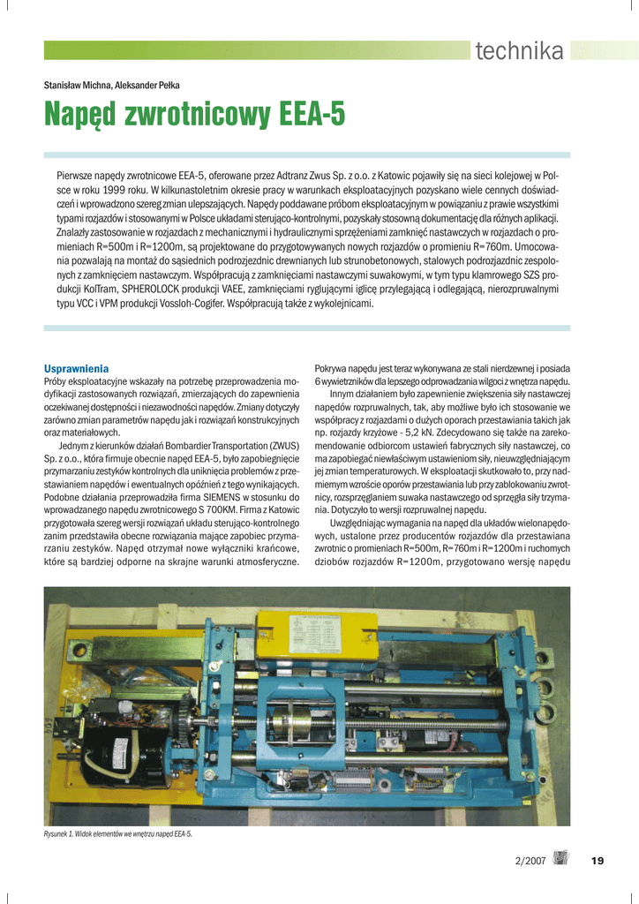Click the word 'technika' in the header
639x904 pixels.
pos(519,51)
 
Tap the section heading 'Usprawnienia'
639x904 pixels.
pos(76,367)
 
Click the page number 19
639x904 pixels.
pos(598,861)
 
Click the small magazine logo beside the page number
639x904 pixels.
pos(561,858)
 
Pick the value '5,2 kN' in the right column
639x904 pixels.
pos(437,435)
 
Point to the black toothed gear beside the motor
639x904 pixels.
pos(190,734)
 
